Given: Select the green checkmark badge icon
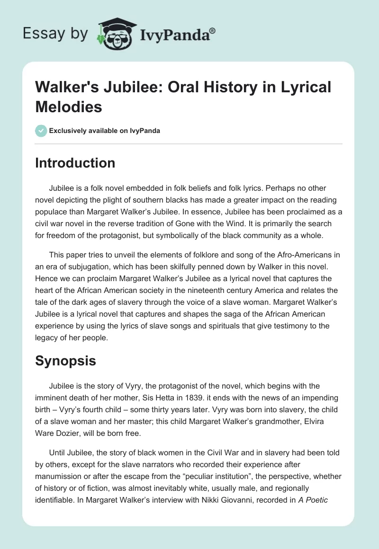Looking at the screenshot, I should coord(41,131).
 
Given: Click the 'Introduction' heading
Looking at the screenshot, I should coord(75,163).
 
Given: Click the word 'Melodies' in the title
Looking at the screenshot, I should coord(69,107).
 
